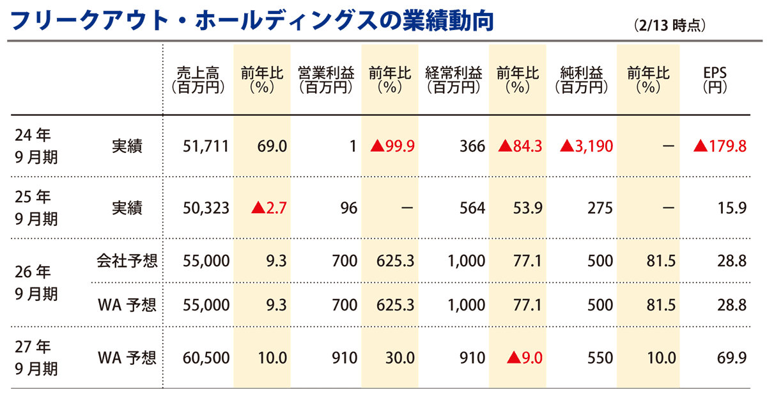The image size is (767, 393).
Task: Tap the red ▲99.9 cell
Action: pyautogui.click(x=393, y=147)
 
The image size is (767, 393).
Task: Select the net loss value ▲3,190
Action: pyautogui.click(x=586, y=147)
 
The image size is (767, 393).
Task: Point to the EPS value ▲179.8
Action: pyautogui.click(x=720, y=147)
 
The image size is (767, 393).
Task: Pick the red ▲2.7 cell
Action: pyautogui.click(x=269, y=208)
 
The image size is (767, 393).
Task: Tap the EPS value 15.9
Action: pyautogui.click(x=732, y=208)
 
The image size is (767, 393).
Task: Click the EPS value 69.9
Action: pyautogui.click(x=732, y=357)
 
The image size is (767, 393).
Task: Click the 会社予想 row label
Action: pyautogui.click(x=127, y=261)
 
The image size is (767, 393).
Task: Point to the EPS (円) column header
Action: pyautogui.click(x=714, y=81)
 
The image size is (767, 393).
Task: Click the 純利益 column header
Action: pyautogui.click(x=582, y=81)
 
